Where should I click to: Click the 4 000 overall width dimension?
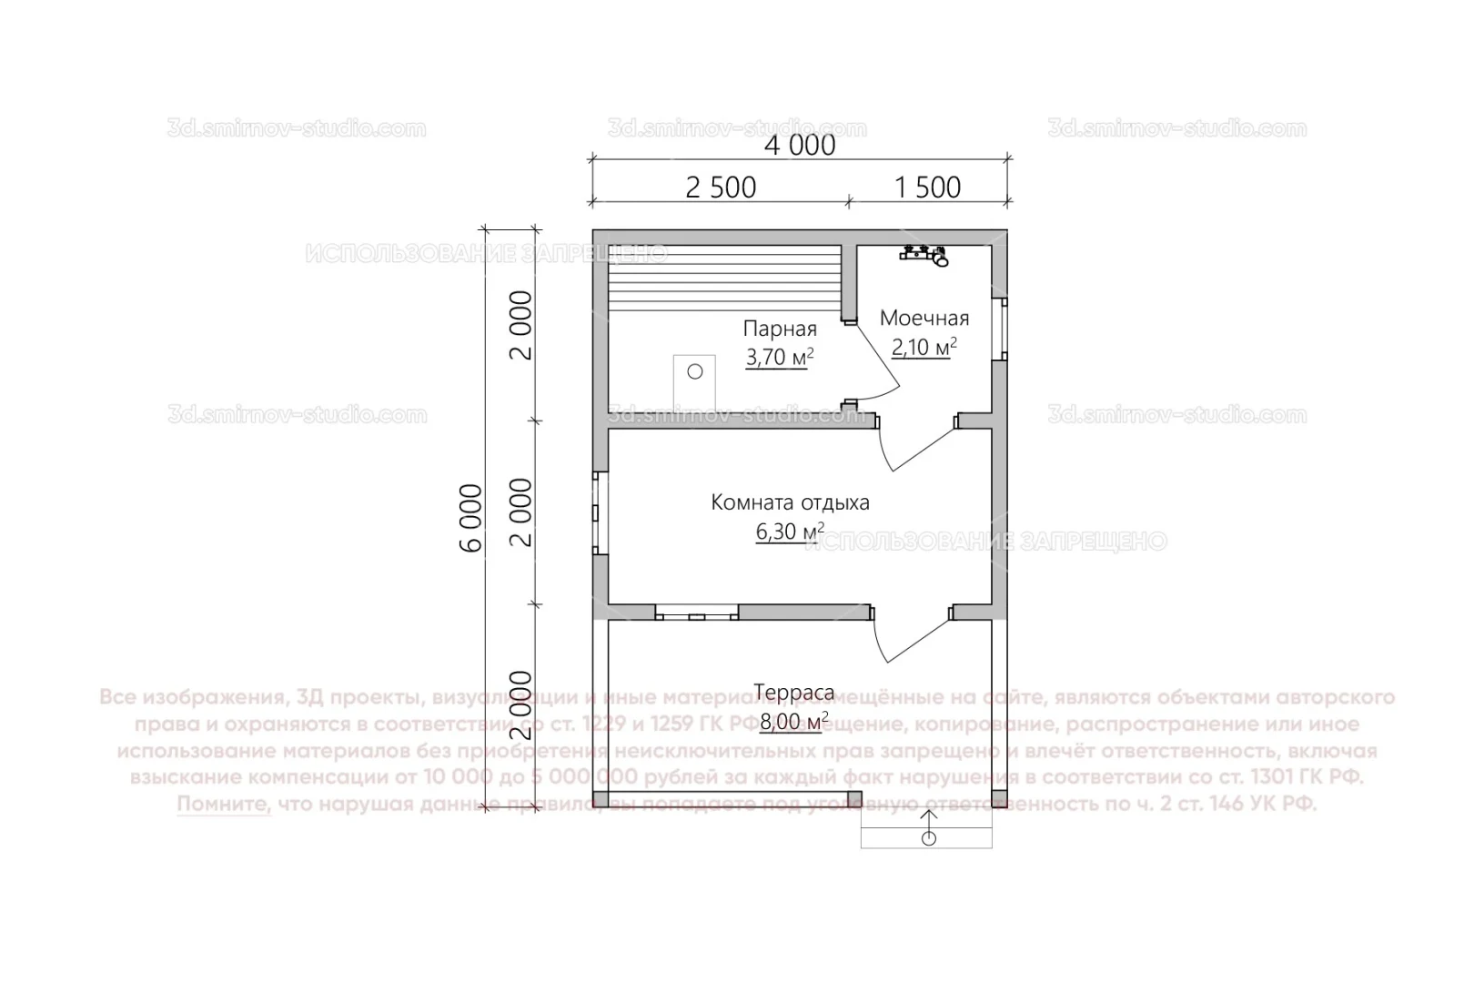click(x=800, y=145)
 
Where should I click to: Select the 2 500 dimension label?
click(x=720, y=187)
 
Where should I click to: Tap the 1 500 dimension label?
click(x=927, y=187)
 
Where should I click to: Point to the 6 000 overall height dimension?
click(x=471, y=518)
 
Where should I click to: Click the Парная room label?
click(x=780, y=329)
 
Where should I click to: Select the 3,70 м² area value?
click(x=779, y=358)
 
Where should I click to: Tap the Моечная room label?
click(x=924, y=318)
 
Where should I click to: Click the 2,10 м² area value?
click(x=924, y=347)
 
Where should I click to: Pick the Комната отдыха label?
click(x=790, y=502)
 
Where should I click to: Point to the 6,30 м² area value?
click(x=790, y=532)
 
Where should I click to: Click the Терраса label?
click(x=793, y=694)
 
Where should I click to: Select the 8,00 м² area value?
click(x=793, y=723)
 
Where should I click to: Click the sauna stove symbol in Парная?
click(x=695, y=382)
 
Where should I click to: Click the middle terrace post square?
click(x=854, y=799)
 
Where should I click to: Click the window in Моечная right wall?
click(x=1002, y=328)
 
